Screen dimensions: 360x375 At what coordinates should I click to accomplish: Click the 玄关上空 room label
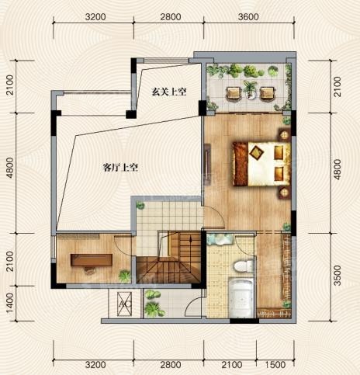(169, 92)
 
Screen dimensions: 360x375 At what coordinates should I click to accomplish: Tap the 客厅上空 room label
(120, 168)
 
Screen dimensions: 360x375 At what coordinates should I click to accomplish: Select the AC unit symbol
(124, 304)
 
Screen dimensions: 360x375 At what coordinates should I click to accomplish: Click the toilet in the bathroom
(244, 266)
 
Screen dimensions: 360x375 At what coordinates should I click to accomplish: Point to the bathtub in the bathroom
(241, 297)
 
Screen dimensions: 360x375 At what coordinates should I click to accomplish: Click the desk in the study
(92, 260)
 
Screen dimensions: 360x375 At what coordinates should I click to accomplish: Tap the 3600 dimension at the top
(248, 17)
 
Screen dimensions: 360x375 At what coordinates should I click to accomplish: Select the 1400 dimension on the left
(9, 303)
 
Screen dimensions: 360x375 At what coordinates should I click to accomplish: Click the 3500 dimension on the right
(337, 276)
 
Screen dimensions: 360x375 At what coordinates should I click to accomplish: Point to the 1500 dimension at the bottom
(275, 365)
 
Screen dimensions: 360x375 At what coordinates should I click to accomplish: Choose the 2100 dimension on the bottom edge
(232, 365)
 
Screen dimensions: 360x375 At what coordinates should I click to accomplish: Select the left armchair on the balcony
(234, 93)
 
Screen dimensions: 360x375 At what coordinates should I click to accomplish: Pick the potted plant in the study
(125, 276)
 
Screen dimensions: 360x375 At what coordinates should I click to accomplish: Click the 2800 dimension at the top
(171, 17)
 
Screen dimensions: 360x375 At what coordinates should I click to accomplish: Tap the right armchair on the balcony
(267, 93)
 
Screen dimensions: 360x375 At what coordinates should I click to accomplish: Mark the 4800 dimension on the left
(9, 168)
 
